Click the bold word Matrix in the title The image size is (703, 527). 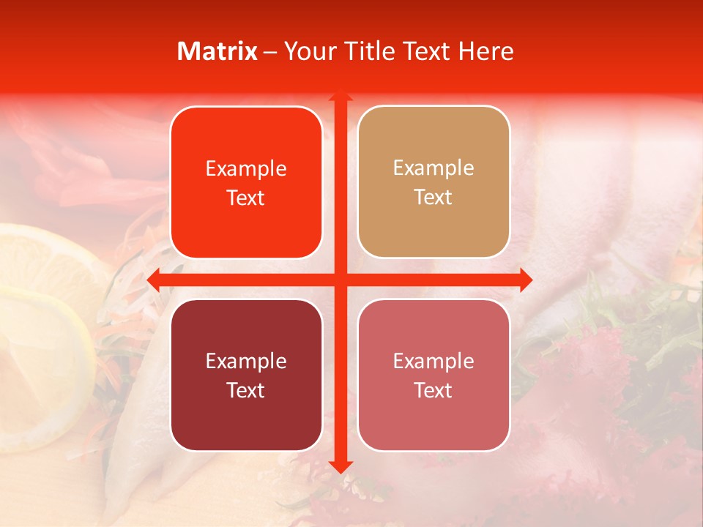[217, 51]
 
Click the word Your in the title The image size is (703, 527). [307, 51]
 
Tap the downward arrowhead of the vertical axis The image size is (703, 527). [340, 466]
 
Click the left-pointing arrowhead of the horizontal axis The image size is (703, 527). [154, 280]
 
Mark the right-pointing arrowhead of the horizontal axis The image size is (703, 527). [525, 280]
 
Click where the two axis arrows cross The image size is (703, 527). [340, 280]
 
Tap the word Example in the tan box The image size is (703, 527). [434, 168]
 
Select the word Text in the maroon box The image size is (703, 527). [246, 390]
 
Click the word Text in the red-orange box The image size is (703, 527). [246, 198]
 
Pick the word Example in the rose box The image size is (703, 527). [434, 361]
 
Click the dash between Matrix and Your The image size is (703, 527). [270, 52]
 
